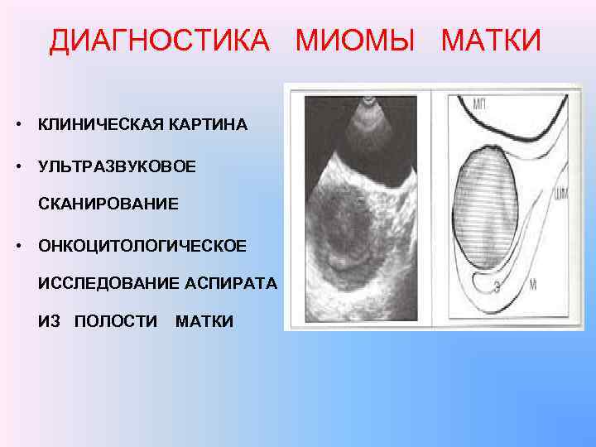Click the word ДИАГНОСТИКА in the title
pyautogui.click(x=159, y=40)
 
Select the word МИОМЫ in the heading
pyautogui.click(x=355, y=40)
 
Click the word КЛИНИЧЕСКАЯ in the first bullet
pyautogui.click(x=102, y=125)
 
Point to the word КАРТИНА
pyautogui.click(x=209, y=125)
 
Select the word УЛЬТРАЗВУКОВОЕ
pyautogui.click(x=117, y=166)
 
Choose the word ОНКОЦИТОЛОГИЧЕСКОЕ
pyautogui.click(x=142, y=246)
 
